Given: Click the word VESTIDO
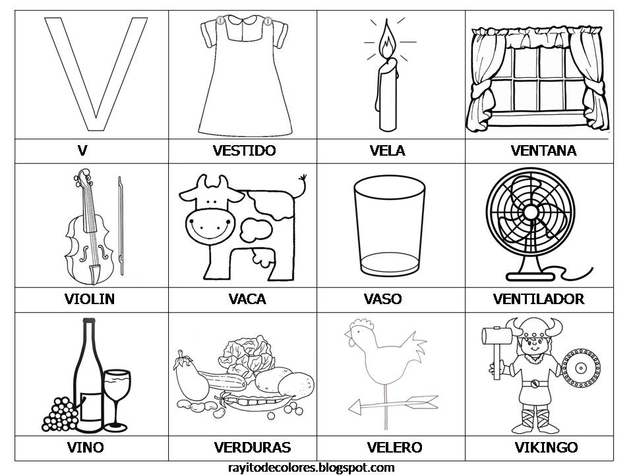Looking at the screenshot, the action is click(244, 150).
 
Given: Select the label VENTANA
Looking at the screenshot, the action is click(543, 150).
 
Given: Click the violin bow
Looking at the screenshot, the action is click(121, 226).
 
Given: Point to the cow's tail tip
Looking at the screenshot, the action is click(303, 177).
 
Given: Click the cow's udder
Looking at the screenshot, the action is click(262, 258).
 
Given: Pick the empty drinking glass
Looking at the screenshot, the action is click(390, 226).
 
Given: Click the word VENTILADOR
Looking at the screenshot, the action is click(539, 299).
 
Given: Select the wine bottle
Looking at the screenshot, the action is click(90, 375).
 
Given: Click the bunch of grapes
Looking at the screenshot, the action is click(60, 414).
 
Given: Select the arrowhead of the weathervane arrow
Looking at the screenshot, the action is click(355, 407).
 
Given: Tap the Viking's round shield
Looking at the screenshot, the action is click(581, 368).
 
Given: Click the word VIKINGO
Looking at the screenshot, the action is click(546, 447).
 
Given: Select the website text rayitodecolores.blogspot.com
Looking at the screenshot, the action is click(311, 468).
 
